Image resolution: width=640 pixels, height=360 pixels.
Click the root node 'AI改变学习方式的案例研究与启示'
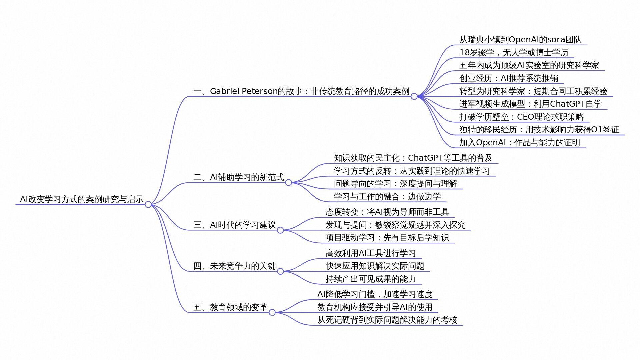pos(82,199)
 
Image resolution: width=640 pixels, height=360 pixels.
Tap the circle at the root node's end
pos(148,204)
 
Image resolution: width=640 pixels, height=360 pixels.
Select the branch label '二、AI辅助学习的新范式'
pos(238,177)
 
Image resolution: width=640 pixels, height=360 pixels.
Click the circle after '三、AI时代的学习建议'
pos(280,230)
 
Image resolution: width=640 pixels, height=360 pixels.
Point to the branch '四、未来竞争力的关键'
pos(235,266)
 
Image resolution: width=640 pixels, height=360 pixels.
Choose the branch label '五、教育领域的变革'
pos(230,307)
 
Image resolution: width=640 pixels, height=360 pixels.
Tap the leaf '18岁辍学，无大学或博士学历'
pos(514,52)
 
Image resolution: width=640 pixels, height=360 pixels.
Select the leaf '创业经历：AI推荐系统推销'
pos(509,78)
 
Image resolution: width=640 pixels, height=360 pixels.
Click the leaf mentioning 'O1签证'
pos(539,129)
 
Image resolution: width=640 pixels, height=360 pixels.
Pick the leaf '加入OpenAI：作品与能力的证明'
pos(520,142)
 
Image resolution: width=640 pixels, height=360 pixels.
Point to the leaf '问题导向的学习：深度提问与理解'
pos(395,183)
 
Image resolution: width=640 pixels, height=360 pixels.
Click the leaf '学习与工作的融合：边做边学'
pos(387,196)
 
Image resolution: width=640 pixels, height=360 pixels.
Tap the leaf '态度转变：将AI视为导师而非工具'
pos(387,212)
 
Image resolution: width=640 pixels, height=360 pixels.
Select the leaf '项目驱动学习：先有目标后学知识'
pos(387,237)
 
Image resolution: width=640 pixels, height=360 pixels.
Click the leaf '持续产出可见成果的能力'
pos(371,279)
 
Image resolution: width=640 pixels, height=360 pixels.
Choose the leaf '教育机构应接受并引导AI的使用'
pos(375,307)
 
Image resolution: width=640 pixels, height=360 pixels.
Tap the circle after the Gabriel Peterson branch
pos(414,96)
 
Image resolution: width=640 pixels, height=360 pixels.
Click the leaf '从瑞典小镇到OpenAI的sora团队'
pos(520,39)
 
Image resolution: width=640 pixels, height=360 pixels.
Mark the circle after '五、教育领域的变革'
pos(272,312)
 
